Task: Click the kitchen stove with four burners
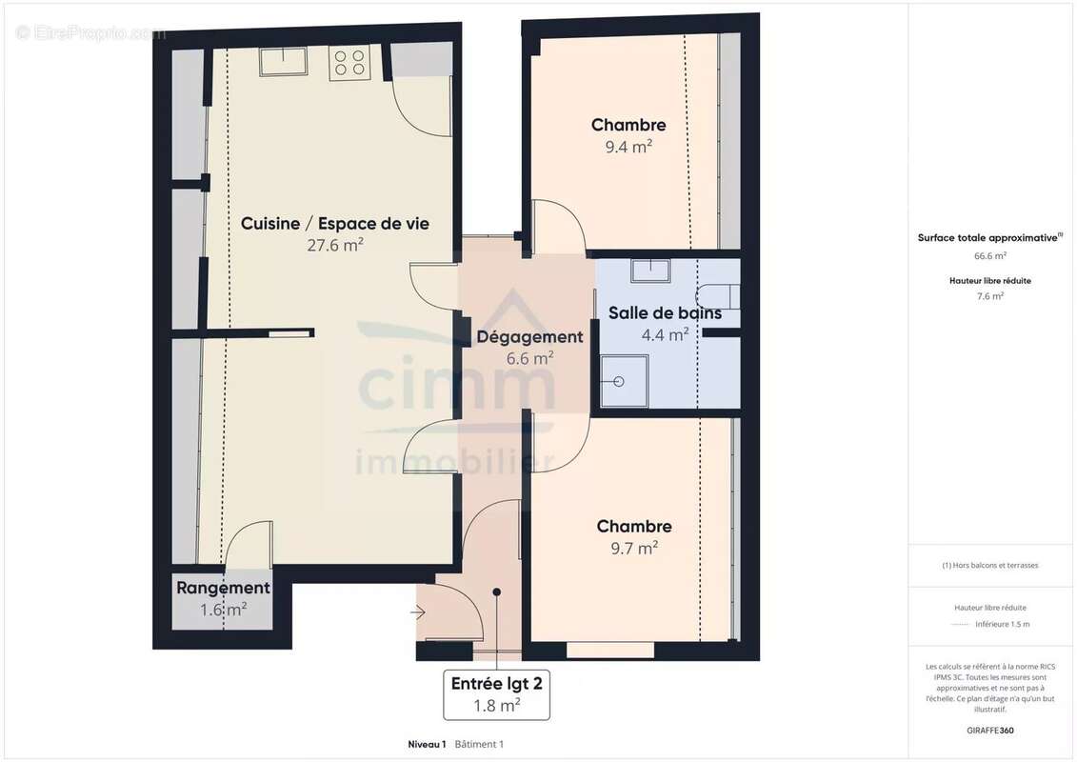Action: tap(349, 64)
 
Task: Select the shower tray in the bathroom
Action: tap(625, 381)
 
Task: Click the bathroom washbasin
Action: tap(650, 271)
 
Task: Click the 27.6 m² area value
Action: tap(334, 245)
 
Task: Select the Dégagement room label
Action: tap(529, 336)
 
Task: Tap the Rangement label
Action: tap(223, 588)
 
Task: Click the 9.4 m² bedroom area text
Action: tap(628, 147)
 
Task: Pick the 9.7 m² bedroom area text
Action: tap(634, 548)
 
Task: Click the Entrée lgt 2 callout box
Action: tap(496, 693)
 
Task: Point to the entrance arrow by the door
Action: tap(417, 612)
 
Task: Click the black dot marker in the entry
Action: tap(497, 592)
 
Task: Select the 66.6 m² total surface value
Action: tap(990, 255)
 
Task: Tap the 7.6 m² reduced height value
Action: tap(990, 296)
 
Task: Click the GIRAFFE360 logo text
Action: tap(990, 731)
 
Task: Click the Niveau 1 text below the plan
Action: tap(427, 744)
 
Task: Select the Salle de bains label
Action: tap(665, 313)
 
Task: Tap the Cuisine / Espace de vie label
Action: tap(334, 224)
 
